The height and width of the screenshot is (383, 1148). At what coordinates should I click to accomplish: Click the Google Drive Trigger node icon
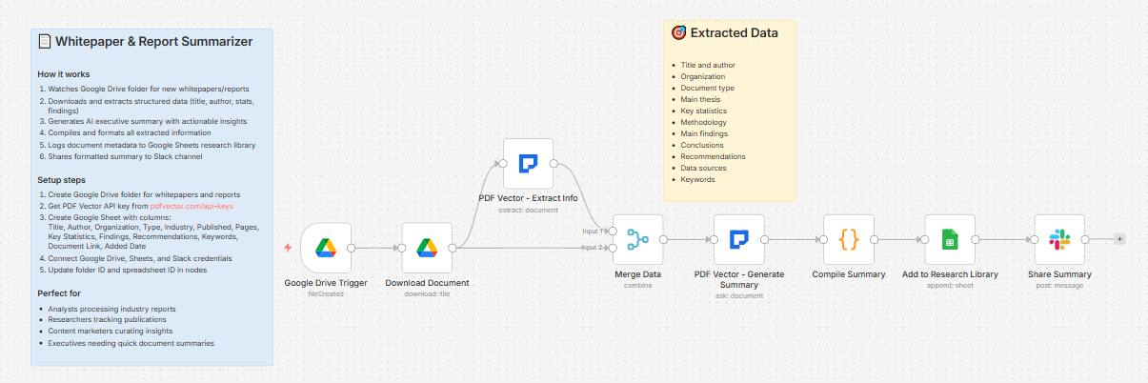point(326,248)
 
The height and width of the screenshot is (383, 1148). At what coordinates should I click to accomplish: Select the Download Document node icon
point(427,248)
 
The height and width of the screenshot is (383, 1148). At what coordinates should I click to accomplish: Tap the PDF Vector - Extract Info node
point(528,163)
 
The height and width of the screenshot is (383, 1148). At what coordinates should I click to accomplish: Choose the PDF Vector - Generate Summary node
point(739,239)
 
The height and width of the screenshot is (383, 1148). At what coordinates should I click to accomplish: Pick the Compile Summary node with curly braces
point(849,239)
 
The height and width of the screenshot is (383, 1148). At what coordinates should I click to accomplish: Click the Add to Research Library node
point(950,239)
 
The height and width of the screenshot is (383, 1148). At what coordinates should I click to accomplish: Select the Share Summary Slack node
point(1059,239)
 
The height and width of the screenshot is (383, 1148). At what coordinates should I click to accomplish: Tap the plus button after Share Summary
point(1119,239)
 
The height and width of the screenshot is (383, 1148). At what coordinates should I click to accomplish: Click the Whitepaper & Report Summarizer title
point(153,42)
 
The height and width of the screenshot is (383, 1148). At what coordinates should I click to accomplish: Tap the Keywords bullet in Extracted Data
point(697,179)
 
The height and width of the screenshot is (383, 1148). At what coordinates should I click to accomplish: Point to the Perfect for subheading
point(59,292)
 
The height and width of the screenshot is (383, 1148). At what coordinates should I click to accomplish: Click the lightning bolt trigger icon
point(288,248)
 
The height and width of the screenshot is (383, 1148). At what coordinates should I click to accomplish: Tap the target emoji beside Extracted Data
point(678,33)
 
